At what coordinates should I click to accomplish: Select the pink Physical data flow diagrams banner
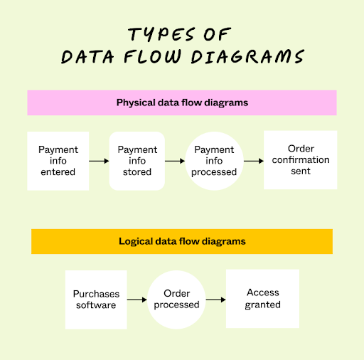click(182, 102)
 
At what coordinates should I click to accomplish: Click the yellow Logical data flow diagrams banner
click(182, 241)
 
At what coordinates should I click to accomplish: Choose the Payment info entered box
click(58, 161)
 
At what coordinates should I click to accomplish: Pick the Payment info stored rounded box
click(137, 161)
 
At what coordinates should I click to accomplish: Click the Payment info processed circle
click(214, 161)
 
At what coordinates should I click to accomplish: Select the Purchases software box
click(96, 300)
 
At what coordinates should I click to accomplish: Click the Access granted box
click(263, 299)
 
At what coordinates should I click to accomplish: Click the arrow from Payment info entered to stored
click(99, 162)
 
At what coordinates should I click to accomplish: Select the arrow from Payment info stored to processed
click(175, 162)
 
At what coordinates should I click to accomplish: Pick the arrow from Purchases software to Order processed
click(136, 300)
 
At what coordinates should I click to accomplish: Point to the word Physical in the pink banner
click(134, 102)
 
